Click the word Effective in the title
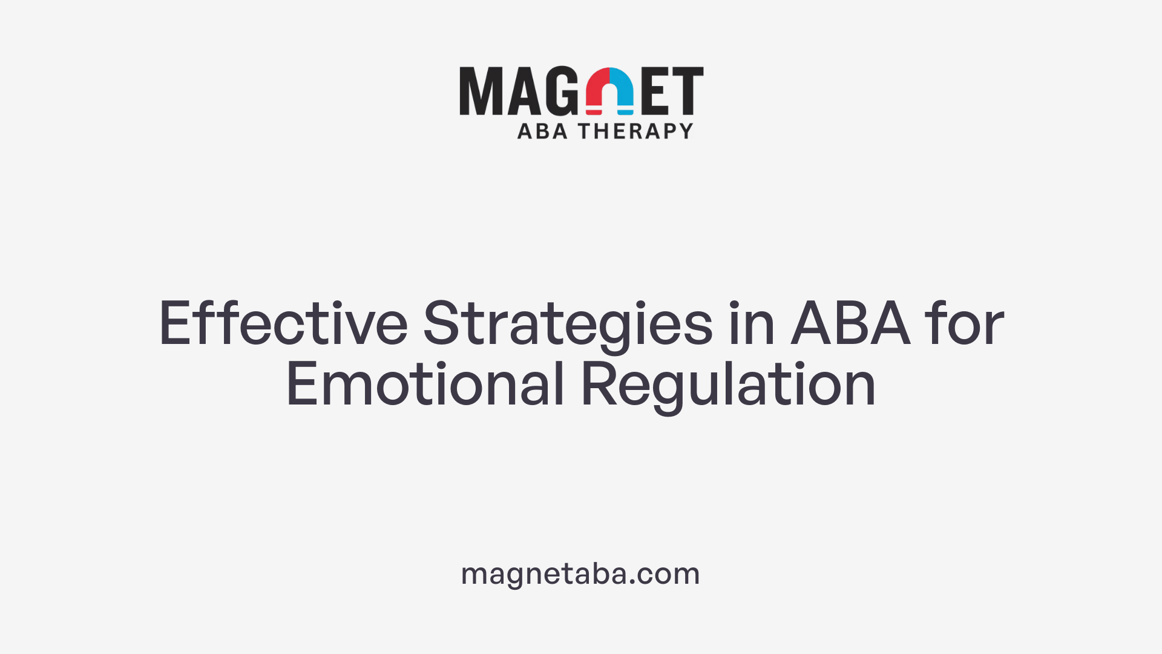(283, 325)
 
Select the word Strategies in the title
(568, 325)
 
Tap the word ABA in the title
(850, 325)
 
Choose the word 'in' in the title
(752, 325)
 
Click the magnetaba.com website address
(580, 573)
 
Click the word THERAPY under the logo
(635, 131)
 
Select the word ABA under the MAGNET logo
(542, 131)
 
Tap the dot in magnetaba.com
(632, 582)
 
